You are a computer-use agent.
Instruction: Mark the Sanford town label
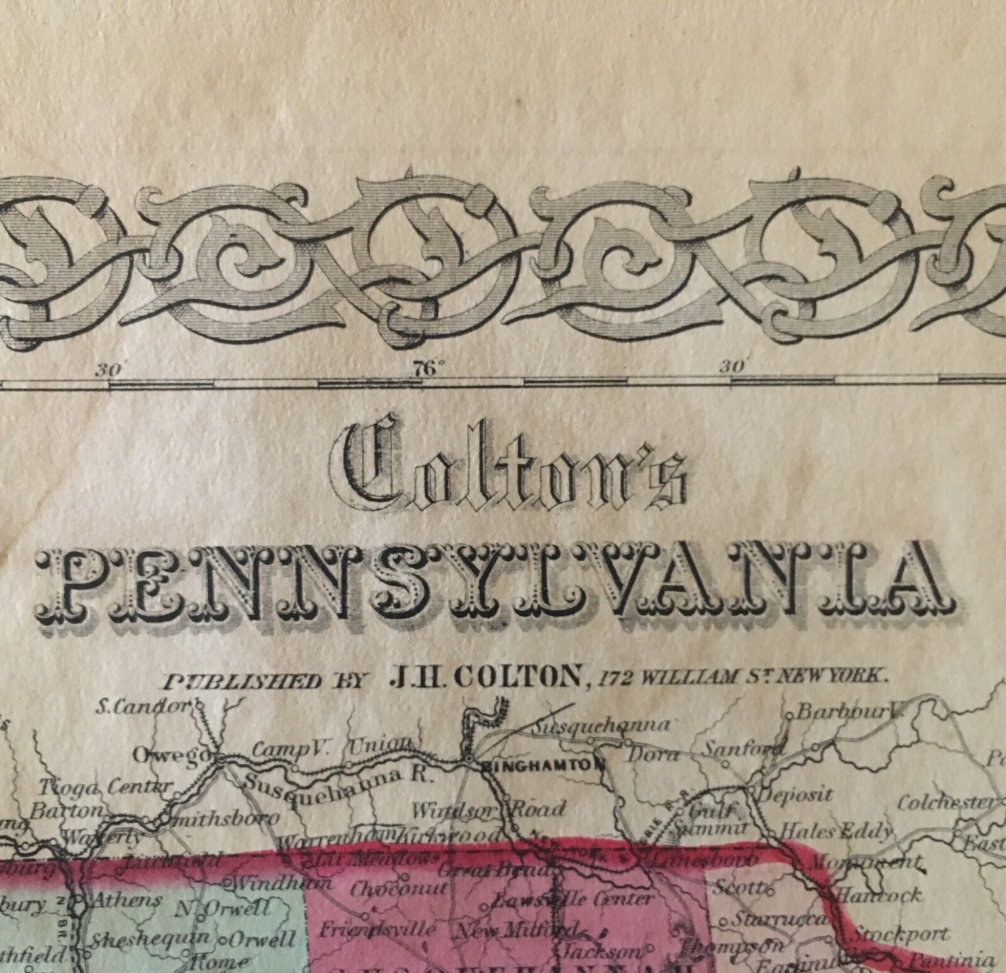(x=742, y=749)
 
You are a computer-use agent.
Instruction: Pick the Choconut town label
(x=399, y=889)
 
